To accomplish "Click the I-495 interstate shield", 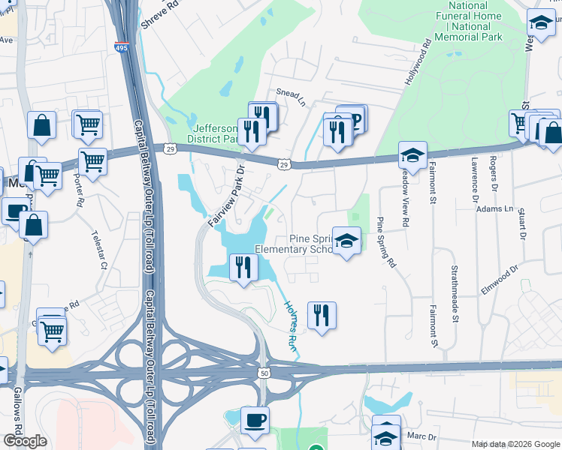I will tap(122, 48).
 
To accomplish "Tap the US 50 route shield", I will tap(264, 373).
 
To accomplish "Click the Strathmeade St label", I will tap(455, 293).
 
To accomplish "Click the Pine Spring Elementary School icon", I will tap(346, 242).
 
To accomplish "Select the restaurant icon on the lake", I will tap(242, 268).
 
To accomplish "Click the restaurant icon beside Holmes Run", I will tap(322, 315).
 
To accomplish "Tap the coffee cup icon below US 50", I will tap(255, 421).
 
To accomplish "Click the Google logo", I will tap(25, 441).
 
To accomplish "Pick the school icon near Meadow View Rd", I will tap(412, 155).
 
